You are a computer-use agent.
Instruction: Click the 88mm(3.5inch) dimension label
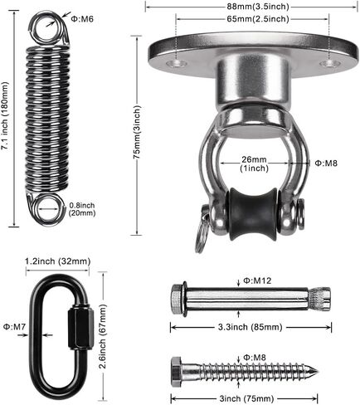(x=258, y=7)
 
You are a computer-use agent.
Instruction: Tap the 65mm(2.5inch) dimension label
(x=258, y=19)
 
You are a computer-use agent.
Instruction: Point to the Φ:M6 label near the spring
(x=82, y=19)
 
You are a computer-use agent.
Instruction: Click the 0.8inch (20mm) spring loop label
(x=82, y=209)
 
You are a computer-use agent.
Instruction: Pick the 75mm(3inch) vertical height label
(x=137, y=132)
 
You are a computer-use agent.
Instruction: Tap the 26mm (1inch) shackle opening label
(x=255, y=163)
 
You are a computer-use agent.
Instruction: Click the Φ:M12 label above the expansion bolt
(x=257, y=281)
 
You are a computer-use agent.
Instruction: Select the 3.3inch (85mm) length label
(x=250, y=327)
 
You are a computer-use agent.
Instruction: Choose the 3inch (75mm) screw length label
(x=246, y=398)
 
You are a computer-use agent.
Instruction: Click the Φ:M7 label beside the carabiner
(x=14, y=327)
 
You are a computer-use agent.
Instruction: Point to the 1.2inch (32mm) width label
(x=58, y=261)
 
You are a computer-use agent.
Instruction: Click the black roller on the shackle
(x=253, y=213)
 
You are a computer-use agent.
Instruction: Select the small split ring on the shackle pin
(x=201, y=238)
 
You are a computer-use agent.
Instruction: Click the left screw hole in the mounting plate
(x=177, y=64)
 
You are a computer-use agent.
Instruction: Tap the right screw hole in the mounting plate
(x=330, y=63)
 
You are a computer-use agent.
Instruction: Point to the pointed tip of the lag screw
(x=319, y=372)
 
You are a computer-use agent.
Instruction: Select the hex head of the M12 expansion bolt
(x=176, y=300)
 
